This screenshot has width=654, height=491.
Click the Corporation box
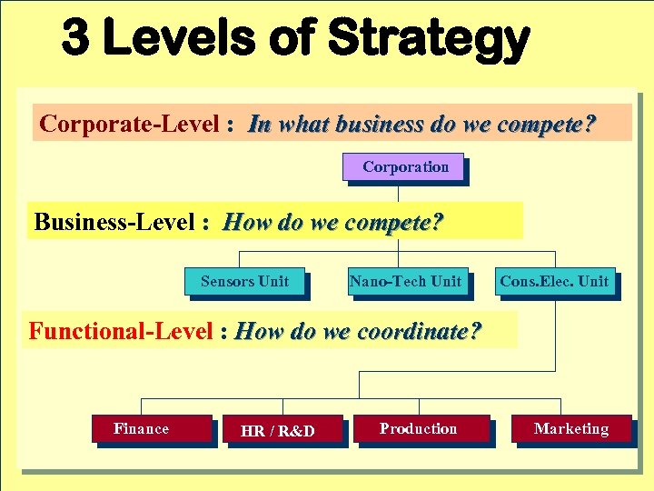pyautogui.click(x=404, y=167)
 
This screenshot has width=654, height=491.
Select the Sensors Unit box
pyautogui.click(x=244, y=282)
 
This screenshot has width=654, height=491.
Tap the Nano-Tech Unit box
pyautogui.click(x=405, y=282)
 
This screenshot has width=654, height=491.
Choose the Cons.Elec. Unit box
pyautogui.click(x=554, y=282)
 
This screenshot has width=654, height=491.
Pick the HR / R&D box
pyautogui.click(x=278, y=431)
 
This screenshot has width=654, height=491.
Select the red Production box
pyautogui.click(x=419, y=429)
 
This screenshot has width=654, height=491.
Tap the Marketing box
pyautogui.click(x=570, y=429)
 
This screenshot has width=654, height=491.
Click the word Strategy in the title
pyautogui.click(x=428, y=40)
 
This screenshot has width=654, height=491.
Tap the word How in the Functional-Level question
pyautogui.click(x=258, y=332)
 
